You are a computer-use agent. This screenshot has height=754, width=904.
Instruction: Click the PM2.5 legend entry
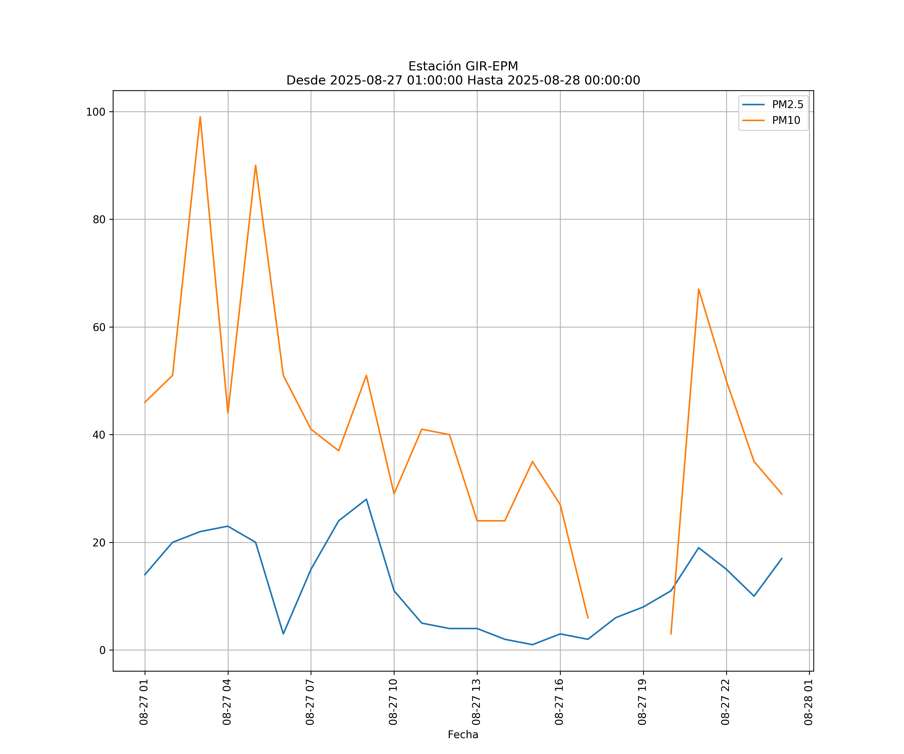point(787,105)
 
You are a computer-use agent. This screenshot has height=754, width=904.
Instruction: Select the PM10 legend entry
point(786,121)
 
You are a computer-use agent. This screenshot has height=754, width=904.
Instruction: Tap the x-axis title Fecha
point(463,735)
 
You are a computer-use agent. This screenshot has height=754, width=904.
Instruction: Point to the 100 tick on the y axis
point(96,112)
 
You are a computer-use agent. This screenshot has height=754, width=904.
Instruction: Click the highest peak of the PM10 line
point(200,117)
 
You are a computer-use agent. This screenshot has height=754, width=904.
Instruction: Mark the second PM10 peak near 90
point(255,165)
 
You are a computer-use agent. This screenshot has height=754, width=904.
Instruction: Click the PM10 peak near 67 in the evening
point(698,289)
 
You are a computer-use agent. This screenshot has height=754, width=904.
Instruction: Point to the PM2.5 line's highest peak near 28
point(366,499)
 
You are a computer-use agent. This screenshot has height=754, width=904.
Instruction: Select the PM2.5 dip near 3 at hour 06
point(283,634)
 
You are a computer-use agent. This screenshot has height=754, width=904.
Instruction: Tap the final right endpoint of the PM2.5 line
point(782,558)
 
